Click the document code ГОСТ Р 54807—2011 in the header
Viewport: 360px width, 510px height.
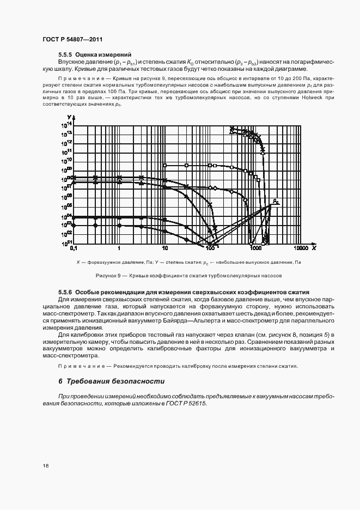[72, 40]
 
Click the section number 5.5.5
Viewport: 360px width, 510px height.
[65, 55]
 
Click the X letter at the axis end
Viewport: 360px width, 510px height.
[314, 248]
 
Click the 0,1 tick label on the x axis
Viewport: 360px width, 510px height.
[74, 248]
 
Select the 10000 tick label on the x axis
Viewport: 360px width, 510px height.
[301, 248]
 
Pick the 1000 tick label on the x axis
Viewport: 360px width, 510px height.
[255, 248]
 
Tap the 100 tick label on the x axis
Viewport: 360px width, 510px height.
[210, 248]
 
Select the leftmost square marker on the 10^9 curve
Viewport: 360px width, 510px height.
[164, 165]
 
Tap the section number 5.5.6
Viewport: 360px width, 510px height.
[65, 292]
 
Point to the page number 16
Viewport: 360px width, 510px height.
[46, 466]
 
